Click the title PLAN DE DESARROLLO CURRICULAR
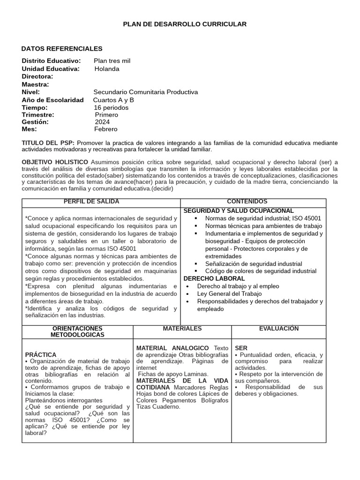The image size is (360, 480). click(x=184, y=24)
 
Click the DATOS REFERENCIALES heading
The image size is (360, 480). click(x=62, y=49)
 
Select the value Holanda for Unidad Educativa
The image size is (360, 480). click(x=107, y=69)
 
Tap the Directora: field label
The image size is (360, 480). click(x=37, y=76)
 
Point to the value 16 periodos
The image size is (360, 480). click(x=111, y=107)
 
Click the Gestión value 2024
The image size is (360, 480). click(x=102, y=122)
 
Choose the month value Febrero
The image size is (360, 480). click(x=106, y=129)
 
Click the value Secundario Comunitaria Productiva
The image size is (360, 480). click(x=146, y=92)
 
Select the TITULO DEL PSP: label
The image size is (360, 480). click(x=48, y=142)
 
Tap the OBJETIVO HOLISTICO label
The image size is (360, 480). click(x=55, y=162)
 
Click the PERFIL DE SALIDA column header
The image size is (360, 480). click(x=91, y=202)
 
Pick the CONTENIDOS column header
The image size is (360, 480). click(x=254, y=202)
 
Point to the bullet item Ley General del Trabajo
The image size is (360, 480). click(x=229, y=293)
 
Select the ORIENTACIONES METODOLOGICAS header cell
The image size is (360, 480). click(x=77, y=331)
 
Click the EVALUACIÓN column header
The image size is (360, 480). click(x=278, y=329)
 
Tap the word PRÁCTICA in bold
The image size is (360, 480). click(x=41, y=355)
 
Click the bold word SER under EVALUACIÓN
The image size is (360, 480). click(x=241, y=348)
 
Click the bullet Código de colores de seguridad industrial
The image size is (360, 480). click(x=261, y=271)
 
